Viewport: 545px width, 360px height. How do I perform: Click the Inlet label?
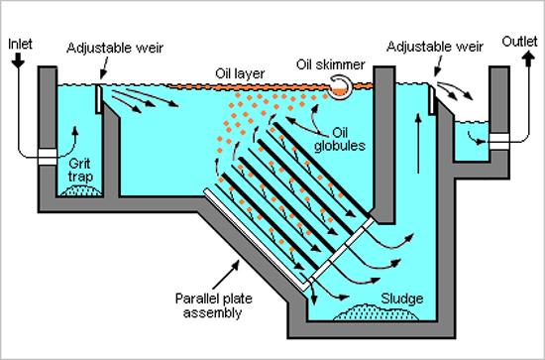tap(20, 45)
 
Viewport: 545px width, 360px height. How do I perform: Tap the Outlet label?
tap(519, 42)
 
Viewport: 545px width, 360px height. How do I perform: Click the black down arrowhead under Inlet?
tap(18, 62)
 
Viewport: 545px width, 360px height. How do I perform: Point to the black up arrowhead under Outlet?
tap(529, 57)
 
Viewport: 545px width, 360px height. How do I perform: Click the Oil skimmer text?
tap(331, 64)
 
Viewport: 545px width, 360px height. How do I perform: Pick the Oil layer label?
tap(240, 73)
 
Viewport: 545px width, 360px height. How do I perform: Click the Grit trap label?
tap(80, 170)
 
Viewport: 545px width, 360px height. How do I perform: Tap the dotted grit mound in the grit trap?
tap(80, 191)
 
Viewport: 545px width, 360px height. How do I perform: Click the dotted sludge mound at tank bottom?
tap(376, 312)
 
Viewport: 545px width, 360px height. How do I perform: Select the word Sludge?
tap(401, 299)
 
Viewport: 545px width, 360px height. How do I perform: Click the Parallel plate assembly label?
tap(213, 305)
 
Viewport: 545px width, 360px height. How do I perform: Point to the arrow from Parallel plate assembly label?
tap(226, 275)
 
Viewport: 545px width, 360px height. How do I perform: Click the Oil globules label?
tap(340, 139)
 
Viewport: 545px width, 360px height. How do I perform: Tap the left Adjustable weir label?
tap(115, 48)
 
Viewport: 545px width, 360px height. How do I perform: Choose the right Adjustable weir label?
tap(435, 47)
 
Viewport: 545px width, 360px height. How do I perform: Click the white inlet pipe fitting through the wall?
tap(48, 157)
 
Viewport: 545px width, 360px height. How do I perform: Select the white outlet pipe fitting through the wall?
tap(499, 142)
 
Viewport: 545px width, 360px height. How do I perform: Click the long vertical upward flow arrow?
tap(418, 143)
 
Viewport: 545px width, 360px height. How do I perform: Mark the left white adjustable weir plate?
tap(99, 99)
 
